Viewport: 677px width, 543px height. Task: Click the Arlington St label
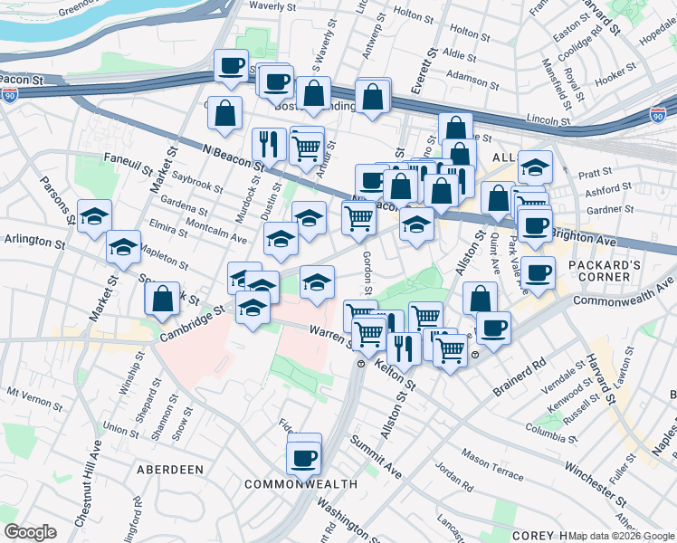[x=36, y=243]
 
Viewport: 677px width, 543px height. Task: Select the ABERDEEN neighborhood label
[x=169, y=470]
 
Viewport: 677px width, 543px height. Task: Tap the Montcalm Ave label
[x=216, y=232]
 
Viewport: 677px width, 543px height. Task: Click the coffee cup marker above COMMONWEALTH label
[x=304, y=456]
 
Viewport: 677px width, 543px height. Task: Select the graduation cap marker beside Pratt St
[x=536, y=167]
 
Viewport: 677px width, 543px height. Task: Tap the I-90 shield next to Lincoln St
[x=658, y=116]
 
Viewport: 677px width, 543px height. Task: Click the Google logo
[x=30, y=532]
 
